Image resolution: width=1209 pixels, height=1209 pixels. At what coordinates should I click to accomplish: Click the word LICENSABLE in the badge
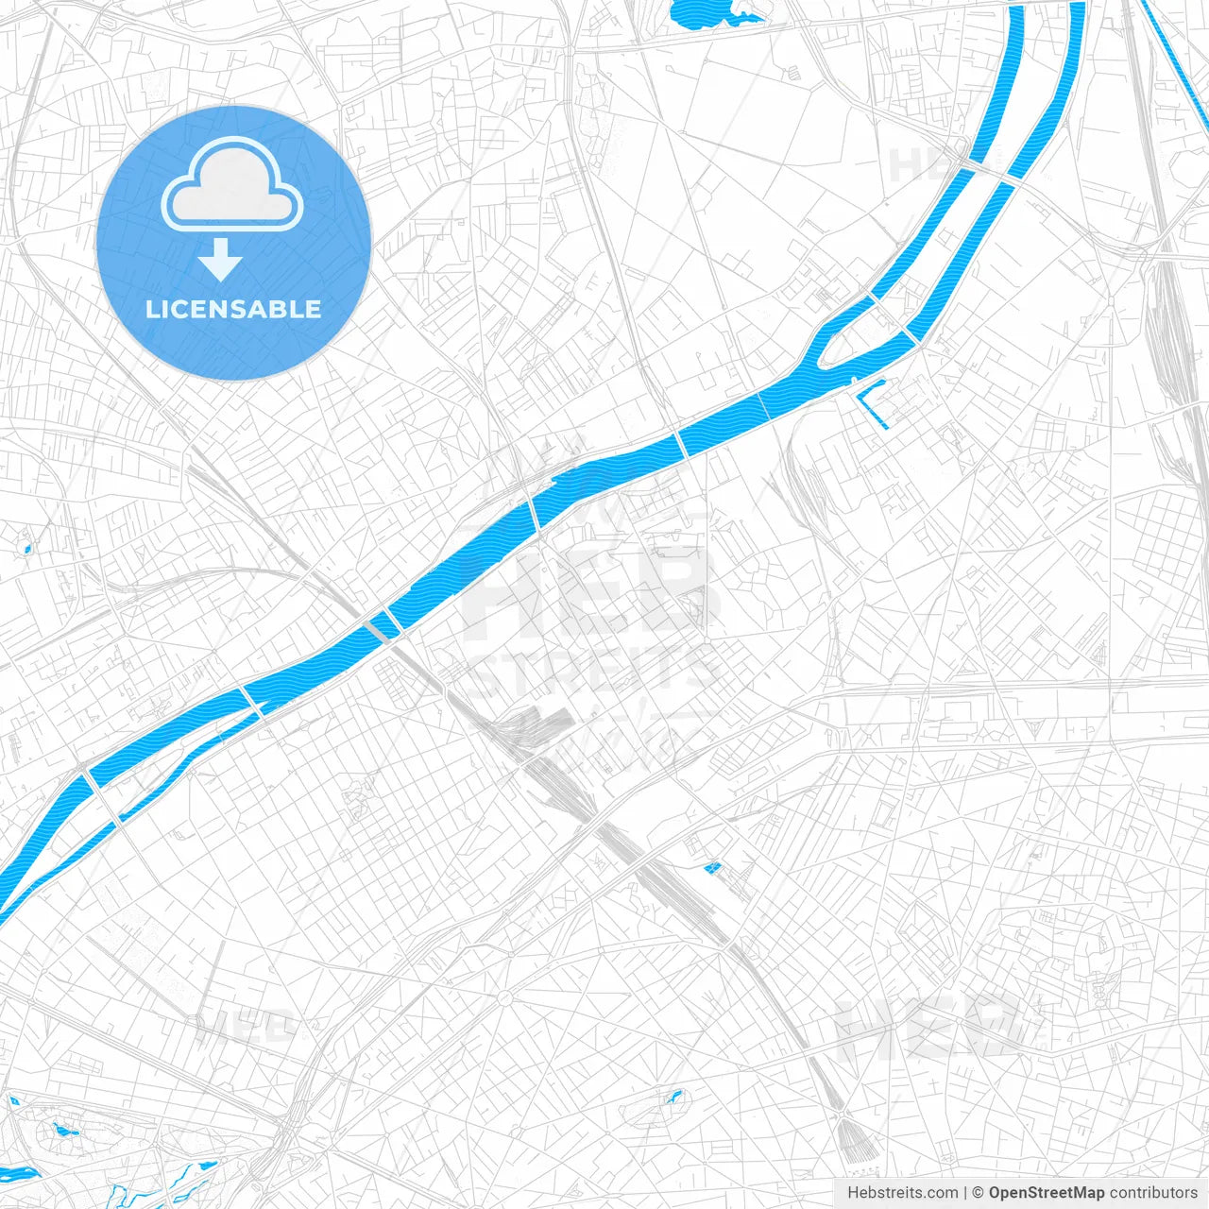[233, 309]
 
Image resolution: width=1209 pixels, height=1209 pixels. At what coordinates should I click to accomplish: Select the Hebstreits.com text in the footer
[902, 1193]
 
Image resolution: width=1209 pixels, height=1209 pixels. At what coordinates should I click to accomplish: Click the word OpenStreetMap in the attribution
[1046, 1193]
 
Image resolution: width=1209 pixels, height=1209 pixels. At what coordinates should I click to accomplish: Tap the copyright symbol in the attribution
[978, 1193]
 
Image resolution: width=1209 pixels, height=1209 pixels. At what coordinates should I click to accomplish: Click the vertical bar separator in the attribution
[964, 1193]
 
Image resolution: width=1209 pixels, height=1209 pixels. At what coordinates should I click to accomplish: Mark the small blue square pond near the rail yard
[712, 867]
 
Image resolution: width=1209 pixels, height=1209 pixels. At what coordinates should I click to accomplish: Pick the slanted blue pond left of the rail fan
[673, 1098]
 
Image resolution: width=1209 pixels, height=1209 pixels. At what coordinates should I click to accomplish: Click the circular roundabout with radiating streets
[505, 998]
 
